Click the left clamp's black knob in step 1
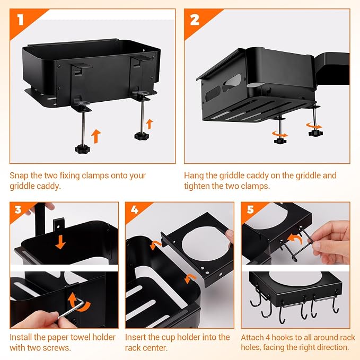[x=83, y=148]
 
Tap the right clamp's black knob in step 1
[x=142, y=136]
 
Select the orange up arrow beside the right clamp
[x=149, y=124]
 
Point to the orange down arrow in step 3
[x=60, y=242]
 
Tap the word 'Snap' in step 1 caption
[x=19, y=176]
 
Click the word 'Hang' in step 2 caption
[x=194, y=176]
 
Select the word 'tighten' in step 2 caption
[x=197, y=186]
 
